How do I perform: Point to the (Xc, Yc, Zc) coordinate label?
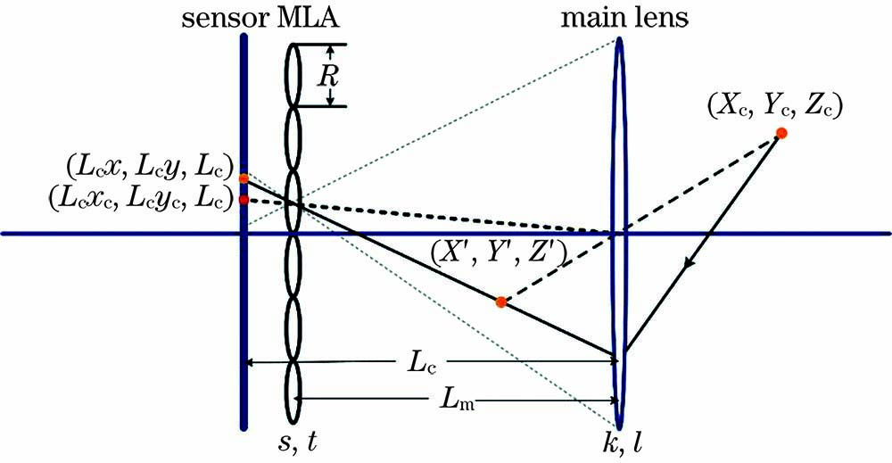pyautogui.click(x=774, y=106)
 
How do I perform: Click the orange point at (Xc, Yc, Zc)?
pyautogui.click(x=781, y=133)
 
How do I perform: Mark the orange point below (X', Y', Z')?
pyautogui.click(x=501, y=302)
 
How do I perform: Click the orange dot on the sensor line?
pyautogui.click(x=244, y=178)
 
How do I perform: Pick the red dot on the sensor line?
pyautogui.click(x=244, y=200)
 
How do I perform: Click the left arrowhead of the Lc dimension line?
pyautogui.click(x=250, y=362)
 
